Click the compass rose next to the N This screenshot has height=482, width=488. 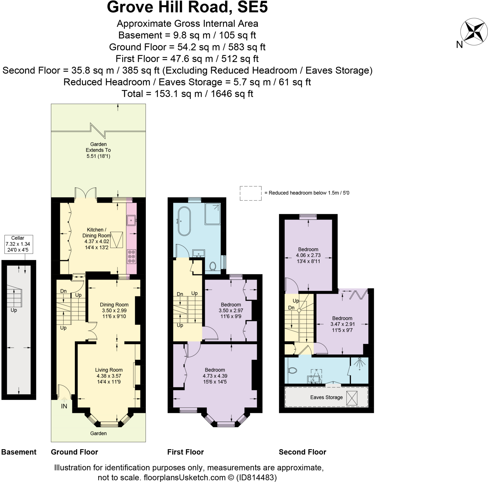(474, 32)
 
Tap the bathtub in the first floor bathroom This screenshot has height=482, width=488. (184, 221)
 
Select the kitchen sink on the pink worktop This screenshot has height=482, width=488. (131, 220)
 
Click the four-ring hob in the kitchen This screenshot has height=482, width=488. (131, 256)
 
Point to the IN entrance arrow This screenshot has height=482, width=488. (64, 399)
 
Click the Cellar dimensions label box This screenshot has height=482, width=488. (18, 244)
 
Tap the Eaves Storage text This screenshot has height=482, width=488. (326, 397)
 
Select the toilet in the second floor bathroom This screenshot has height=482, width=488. (292, 370)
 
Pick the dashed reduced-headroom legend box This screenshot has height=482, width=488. (250, 193)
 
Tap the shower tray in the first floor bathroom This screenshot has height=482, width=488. (212, 214)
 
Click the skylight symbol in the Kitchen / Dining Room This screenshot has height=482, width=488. (117, 240)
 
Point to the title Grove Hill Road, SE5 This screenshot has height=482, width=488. (187, 7)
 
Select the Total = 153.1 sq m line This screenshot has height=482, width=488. (187, 94)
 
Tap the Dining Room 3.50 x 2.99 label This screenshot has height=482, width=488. (114, 310)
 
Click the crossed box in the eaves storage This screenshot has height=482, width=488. (352, 398)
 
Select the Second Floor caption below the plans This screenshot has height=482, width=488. (302, 452)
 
